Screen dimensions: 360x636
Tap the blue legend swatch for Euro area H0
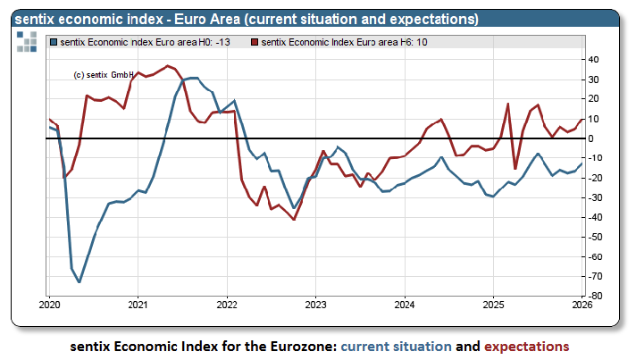[x=55, y=42]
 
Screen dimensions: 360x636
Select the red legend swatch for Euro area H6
[x=255, y=42]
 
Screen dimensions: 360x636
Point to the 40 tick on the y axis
[x=592, y=60]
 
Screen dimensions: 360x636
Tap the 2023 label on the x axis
[x=315, y=306]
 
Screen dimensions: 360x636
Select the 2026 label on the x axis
[x=582, y=306]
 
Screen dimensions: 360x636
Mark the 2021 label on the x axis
[x=138, y=306]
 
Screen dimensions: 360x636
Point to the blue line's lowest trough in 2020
[x=79, y=282]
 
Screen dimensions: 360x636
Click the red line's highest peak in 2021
[x=169, y=65]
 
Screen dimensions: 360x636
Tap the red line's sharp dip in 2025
[x=515, y=168]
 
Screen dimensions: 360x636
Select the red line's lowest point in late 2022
[x=294, y=219]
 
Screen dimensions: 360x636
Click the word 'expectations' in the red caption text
[x=527, y=346]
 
